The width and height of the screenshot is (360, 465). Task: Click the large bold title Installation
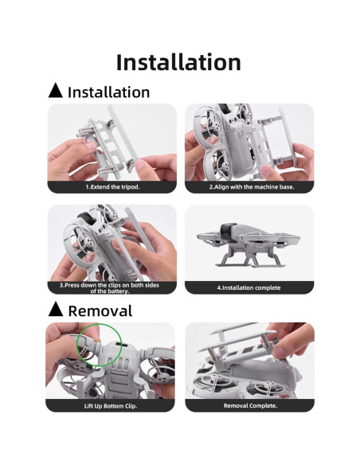[x=179, y=62]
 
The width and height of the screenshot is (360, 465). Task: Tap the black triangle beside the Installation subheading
[x=55, y=91]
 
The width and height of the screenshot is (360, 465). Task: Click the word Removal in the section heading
[x=100, y=311]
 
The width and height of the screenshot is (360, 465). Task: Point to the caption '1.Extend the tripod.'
[x=112, y=187]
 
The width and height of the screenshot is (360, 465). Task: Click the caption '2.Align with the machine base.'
[x=249, y=187]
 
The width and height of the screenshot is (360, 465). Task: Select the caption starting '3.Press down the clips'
[x=112, y=287]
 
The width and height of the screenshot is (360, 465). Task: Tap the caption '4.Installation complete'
[x=249, y=287]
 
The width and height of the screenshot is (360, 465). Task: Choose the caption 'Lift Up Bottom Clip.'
[x=112, y=405]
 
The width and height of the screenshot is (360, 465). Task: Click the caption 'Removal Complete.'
[x=249, y=405]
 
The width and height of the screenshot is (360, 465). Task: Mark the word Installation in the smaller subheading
[x=108, y=92]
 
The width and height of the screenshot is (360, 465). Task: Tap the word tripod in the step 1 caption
[x=129, y=187]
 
